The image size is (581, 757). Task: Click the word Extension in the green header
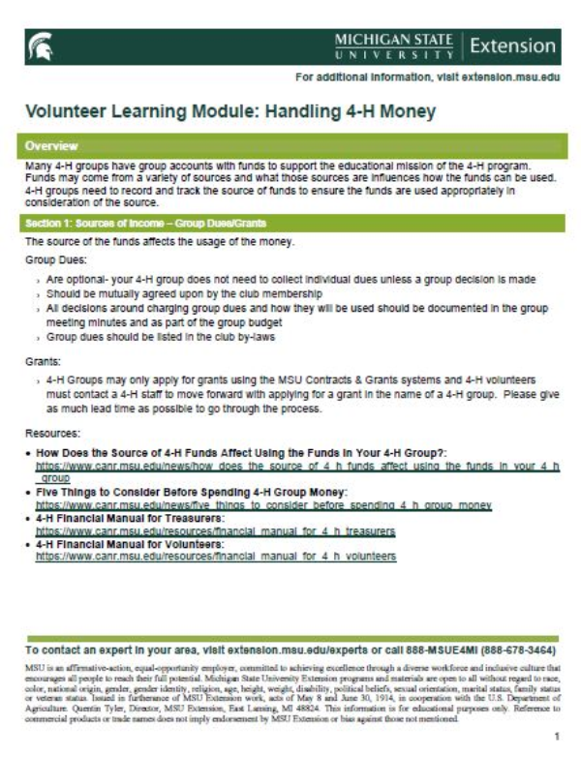coord(512,45)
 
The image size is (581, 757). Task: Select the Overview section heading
coord(52,146)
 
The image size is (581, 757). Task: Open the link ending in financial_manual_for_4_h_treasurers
coord(216,531)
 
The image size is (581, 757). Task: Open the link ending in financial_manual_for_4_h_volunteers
coord(216,556)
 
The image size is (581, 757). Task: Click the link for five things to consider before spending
coord(264,506)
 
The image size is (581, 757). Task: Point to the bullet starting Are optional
coord(290,279)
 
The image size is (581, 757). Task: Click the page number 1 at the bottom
coord(556,737)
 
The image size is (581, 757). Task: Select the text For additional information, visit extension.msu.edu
coord(425,76)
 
